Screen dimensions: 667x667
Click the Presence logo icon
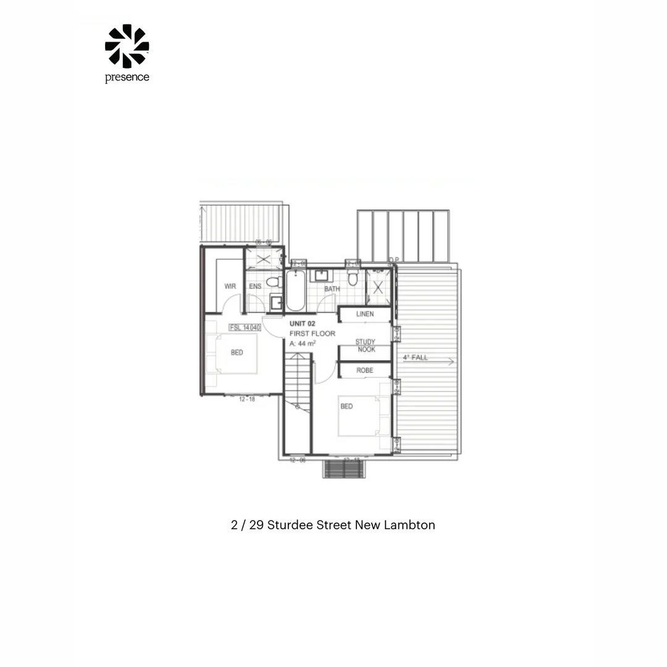[127, 46]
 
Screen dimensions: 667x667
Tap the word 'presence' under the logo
[127, 78]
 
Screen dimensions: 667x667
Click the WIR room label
[230, 287]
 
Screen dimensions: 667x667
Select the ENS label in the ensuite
[254, 287]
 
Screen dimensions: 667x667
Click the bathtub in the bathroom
[295, 291]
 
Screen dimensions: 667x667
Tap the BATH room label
[332, 289]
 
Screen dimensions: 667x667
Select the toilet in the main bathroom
[353, 278]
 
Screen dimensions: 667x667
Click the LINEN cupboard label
[364, 314]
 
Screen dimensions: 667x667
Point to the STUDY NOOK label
[365, 345]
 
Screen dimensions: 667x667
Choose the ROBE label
[364, 371]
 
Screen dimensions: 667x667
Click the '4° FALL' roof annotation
[415, 358]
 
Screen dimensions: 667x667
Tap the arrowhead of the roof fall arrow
[452, 362]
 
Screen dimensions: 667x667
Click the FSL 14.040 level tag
[245, 327]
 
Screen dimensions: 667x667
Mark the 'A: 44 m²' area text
[303, 343]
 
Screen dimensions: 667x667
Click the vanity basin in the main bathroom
[321, 275]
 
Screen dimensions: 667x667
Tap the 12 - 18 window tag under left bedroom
[246, 400]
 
